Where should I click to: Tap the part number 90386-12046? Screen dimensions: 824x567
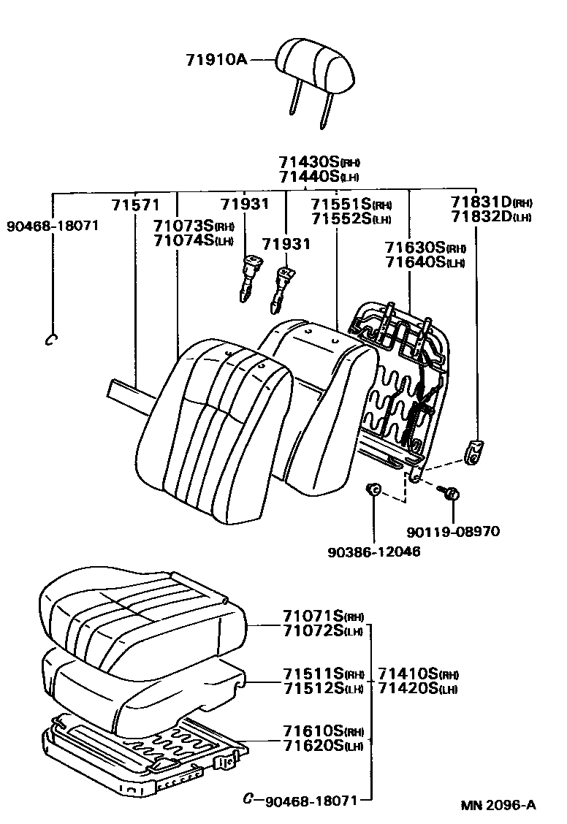click(x=375, y=551)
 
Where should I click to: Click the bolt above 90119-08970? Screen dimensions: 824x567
click(x=449, y=494)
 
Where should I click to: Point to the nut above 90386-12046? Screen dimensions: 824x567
click(x=373, y=489)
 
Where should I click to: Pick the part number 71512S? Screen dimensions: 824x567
click(x=313, y=688)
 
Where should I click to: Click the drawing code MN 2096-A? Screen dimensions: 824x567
click(x=498, y=805)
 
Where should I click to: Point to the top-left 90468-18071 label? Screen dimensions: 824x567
click(x=52, y=225)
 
